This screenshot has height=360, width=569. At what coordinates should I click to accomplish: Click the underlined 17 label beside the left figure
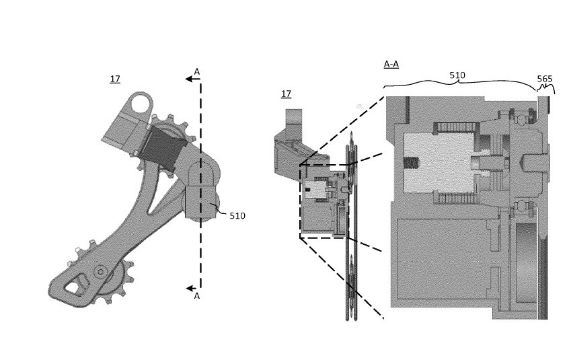click(115, 79)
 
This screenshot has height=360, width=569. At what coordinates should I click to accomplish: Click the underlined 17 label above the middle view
click(286, 94)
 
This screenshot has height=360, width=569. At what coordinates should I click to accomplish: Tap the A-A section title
click(391, 64)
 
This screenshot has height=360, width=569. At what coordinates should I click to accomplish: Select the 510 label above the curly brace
click(457, 76)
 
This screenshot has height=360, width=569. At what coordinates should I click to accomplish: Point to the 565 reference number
click(544, 79)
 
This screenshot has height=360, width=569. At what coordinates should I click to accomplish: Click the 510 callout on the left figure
click(237, 216)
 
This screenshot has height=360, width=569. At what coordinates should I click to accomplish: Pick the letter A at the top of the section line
click(196, 71)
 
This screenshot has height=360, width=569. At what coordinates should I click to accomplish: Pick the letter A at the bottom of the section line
click(196, 295)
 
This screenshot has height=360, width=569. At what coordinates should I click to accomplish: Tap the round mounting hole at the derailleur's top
click(141, 104)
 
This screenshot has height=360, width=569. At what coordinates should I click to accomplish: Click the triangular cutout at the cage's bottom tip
click(73, 285)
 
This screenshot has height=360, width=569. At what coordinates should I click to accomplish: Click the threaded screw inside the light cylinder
click(411, 164)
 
